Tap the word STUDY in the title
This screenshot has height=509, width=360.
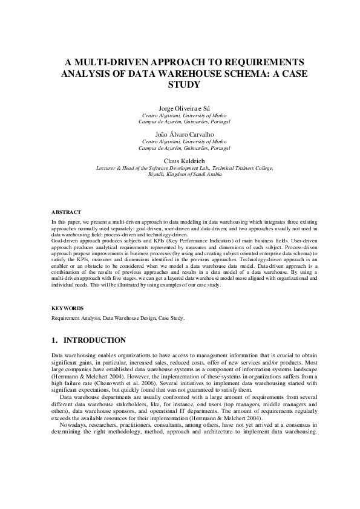tap(180, 85)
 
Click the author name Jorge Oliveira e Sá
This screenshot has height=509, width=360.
tap(180, 108)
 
